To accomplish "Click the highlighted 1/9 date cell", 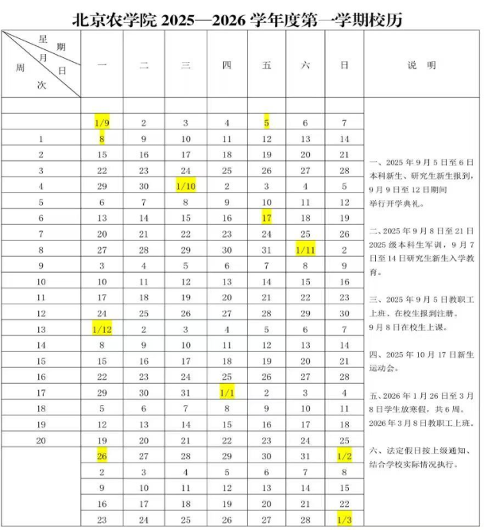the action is pos(102,123).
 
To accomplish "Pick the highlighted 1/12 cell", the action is pos(102,328).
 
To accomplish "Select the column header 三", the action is pos(185,66).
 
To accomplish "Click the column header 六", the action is pos(305,66).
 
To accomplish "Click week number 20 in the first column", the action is pos(41,439).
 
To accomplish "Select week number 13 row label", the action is pos(41,328).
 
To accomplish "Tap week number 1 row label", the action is pos(41,139).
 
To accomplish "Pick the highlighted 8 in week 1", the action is pos(102,139).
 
